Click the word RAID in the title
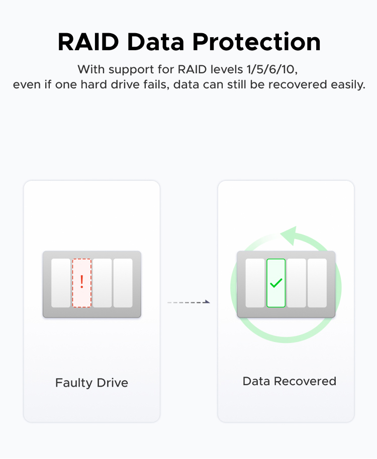point(88,42)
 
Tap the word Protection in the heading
point(256,42)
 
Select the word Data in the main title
point(155,42)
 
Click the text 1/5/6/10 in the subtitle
point(270,70)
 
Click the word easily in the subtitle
point(348,85)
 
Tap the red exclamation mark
point(82,282)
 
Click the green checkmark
point(276,283)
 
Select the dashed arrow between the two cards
point(189,302)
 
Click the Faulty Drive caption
point(91,383)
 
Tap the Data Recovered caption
point(290,381)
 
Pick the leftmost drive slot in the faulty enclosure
point(61,283)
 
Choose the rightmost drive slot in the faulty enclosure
point(123,283)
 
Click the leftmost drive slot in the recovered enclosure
point(255,283)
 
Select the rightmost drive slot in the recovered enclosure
point(317,283)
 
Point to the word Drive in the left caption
point(113,383)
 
